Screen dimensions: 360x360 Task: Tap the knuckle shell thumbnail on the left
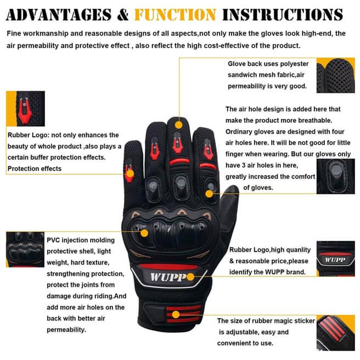tap(25, 250)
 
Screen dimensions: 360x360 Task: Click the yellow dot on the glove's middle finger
tap(178, 125)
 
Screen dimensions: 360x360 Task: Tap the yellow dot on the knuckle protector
tap(145, 232)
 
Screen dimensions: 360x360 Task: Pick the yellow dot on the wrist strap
tap(176, 314)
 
